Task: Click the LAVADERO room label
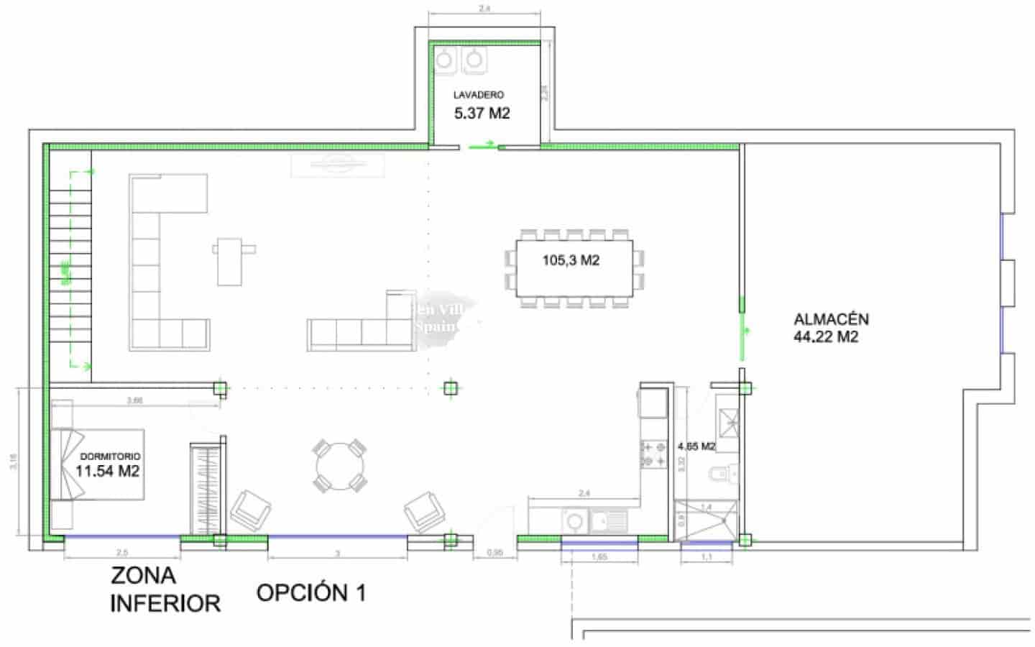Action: pos(478,95)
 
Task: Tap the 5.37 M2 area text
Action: pos(482,113)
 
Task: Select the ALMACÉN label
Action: pos(831,318)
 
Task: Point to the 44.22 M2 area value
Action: pos(826,336)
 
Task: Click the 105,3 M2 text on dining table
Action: pos(571,260)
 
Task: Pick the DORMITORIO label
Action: pos(110,456)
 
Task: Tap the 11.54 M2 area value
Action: pos(108,472)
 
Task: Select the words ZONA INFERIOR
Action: pos(165,589)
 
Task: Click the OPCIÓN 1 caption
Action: pos(311,592)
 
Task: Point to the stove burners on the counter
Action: pos(653,453)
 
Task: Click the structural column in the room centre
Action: pos(450,389)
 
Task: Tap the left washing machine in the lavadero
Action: pos(447,60)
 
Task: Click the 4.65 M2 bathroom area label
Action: pos(696,446)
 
